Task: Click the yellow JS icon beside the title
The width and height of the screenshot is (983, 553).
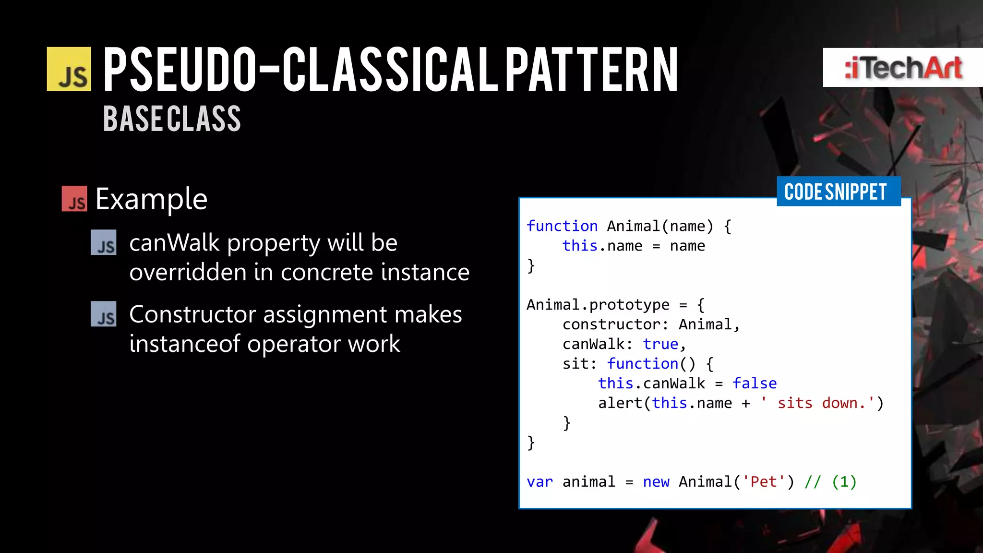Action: [x=69, y=69]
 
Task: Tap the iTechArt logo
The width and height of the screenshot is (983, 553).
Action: [x=902, y=67]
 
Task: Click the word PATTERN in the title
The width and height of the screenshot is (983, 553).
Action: [x=591, y=70]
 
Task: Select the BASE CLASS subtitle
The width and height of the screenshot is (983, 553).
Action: [x=172, y=119]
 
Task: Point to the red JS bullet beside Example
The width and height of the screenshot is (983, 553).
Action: [x=74, y=199]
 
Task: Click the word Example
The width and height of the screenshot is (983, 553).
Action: [x=151, y=199]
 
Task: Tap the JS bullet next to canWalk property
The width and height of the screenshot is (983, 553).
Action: [x=104, y=242]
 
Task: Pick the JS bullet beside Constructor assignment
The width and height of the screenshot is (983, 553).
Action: [x=104, y=314]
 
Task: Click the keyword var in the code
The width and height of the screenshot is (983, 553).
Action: [x=539, y=481]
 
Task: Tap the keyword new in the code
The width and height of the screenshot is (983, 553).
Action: [x=656, y=481]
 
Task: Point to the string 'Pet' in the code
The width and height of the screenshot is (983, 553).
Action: [x=763, y=481]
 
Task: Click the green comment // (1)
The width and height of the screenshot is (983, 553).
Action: [x=830, y=481]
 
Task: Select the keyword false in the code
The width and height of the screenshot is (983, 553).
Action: [x=754, y=383]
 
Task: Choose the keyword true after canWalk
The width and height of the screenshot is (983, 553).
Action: [x=660, y=344]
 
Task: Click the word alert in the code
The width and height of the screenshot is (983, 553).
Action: [x=620, y=403]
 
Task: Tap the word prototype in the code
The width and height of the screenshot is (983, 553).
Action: [x=629, y=304]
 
